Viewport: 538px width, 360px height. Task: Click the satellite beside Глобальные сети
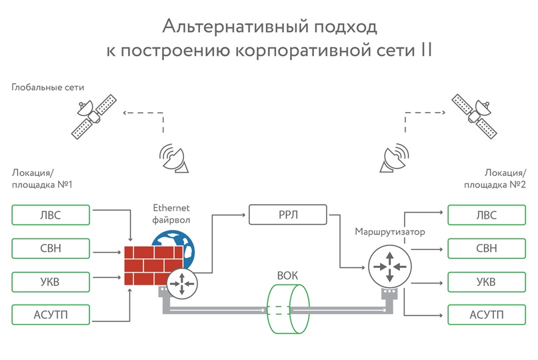click(x=94, y=117)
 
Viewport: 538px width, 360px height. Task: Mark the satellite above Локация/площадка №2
click(x=474, y=117)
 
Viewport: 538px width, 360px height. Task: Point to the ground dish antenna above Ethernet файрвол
click(x=174, y=158)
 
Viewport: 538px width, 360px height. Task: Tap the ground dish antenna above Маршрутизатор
click(x=394, y=158)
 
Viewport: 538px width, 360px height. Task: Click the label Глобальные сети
click(x=48, y=87)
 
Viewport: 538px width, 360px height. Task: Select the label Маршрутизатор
click(x=390, y=232)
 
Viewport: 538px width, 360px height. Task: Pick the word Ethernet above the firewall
click(x=171, y=208)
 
